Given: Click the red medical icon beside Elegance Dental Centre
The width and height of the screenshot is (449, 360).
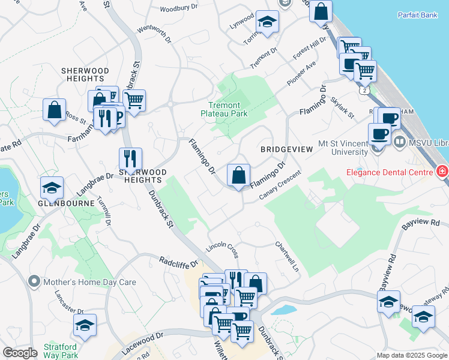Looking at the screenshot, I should tap(442, 172).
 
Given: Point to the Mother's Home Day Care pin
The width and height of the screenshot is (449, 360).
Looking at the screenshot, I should tap(34, 281).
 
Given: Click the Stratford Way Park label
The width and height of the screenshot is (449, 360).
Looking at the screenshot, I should tap(60, 351).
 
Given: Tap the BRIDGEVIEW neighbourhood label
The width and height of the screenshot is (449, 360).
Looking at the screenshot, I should tap(286, 148).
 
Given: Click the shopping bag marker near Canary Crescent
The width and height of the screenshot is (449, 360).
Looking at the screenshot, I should tap(238, 176).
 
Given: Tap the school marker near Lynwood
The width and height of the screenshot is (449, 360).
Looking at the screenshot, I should tap(266, 23).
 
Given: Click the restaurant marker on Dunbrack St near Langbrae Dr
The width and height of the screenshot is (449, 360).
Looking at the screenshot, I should tap(130, 159).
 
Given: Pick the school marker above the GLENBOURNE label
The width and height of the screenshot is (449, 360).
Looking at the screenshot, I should tap(52, 188).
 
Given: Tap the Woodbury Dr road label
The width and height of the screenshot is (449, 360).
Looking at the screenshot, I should tap(179, 7).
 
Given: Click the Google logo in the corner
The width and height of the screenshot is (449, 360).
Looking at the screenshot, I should tap(20, 352).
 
